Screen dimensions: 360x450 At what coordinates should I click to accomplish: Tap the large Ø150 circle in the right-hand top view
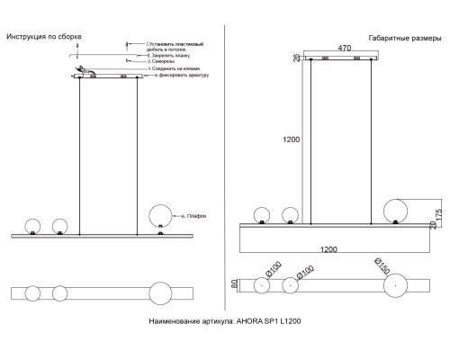393,286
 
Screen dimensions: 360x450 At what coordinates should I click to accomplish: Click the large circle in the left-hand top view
159,294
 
